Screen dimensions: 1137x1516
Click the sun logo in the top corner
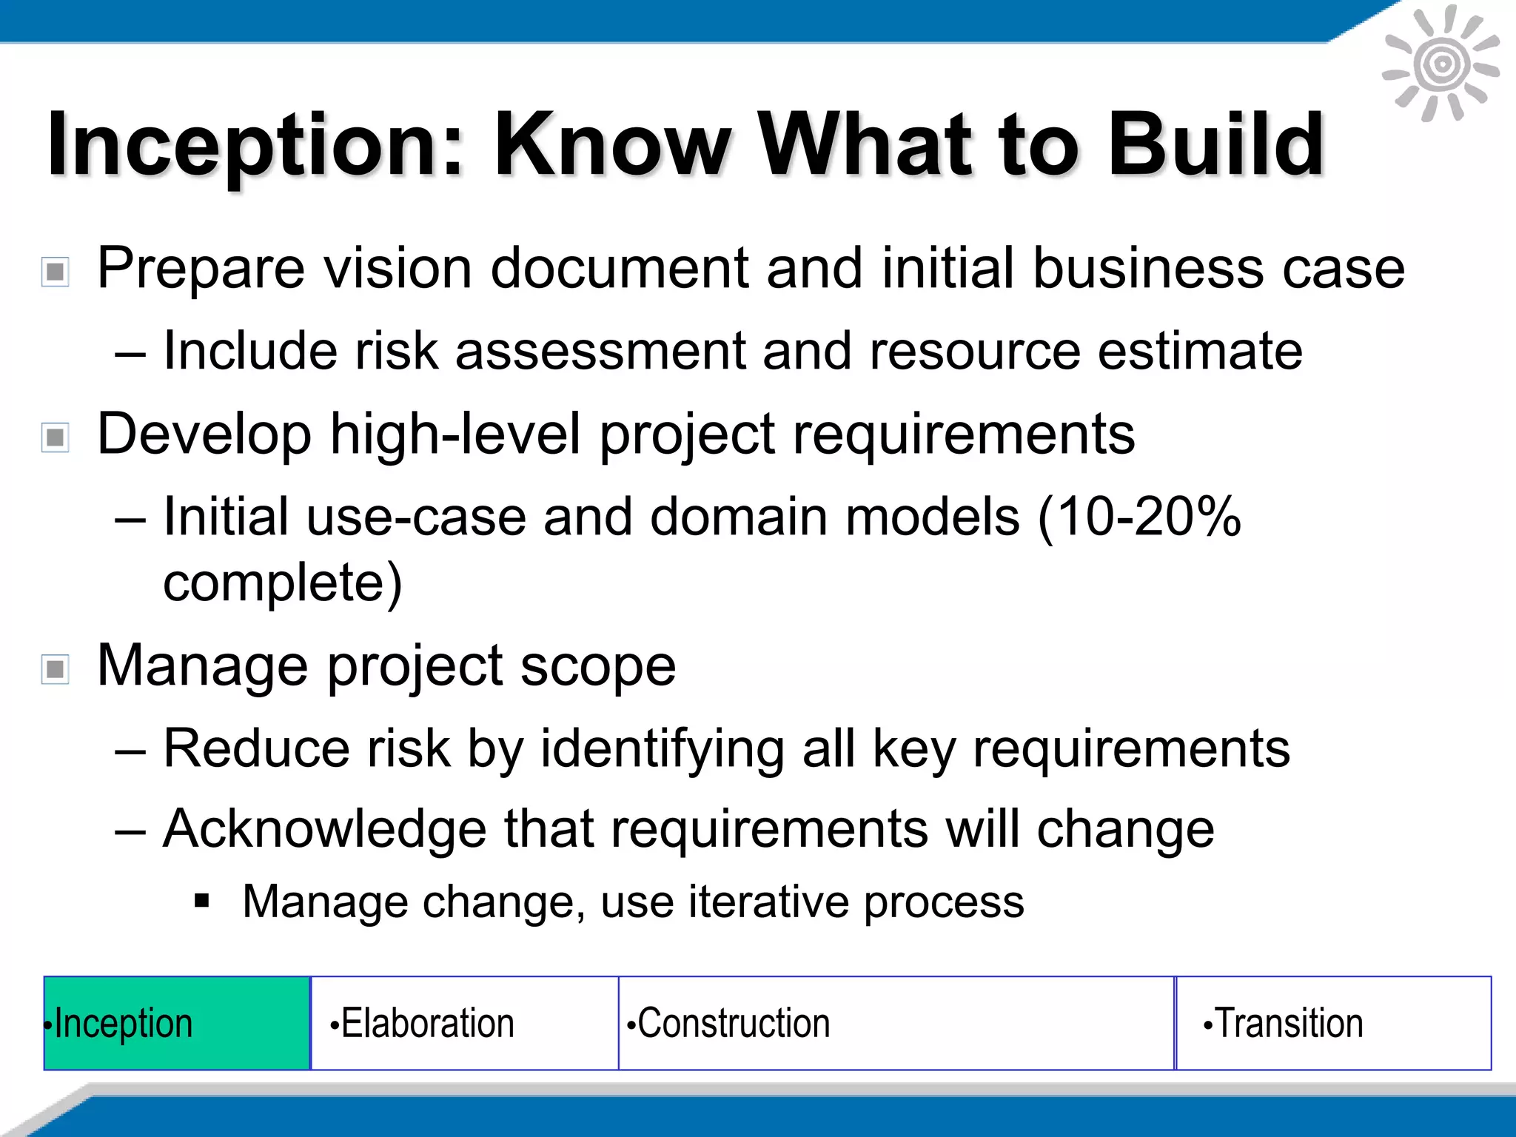(x=1440, y=64)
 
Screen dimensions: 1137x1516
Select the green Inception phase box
(x=177, y=1023)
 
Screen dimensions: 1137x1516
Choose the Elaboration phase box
(x=464, y=1023)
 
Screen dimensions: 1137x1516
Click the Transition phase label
(x=1288, y=1023)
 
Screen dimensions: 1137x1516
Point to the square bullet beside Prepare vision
(x=56, y=272)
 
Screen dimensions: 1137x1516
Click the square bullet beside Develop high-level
(x=56, y=437)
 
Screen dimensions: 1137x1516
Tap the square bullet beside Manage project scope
(x=56, y=669)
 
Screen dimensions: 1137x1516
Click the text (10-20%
(x=1138, y=516)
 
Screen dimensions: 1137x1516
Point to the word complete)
(x=282, y=583)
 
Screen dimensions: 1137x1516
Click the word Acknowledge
(x=324, y=829)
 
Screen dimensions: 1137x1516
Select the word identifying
(x=662, y=749)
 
